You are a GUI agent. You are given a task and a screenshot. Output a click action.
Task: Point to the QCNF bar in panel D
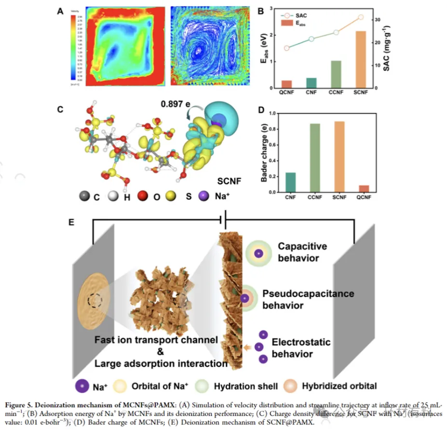(x=364, y=189)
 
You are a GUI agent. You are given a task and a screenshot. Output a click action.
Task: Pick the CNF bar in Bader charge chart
(x=291, y=182)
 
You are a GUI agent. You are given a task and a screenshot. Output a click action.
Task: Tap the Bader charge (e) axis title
(x=264, y=153)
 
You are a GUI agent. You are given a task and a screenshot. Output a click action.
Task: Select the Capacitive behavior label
(x=302, y=252)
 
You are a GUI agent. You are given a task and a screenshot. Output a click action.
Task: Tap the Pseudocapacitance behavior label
(x=308, y=299)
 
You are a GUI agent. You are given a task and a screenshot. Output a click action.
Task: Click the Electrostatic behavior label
(x=301, y=348)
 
